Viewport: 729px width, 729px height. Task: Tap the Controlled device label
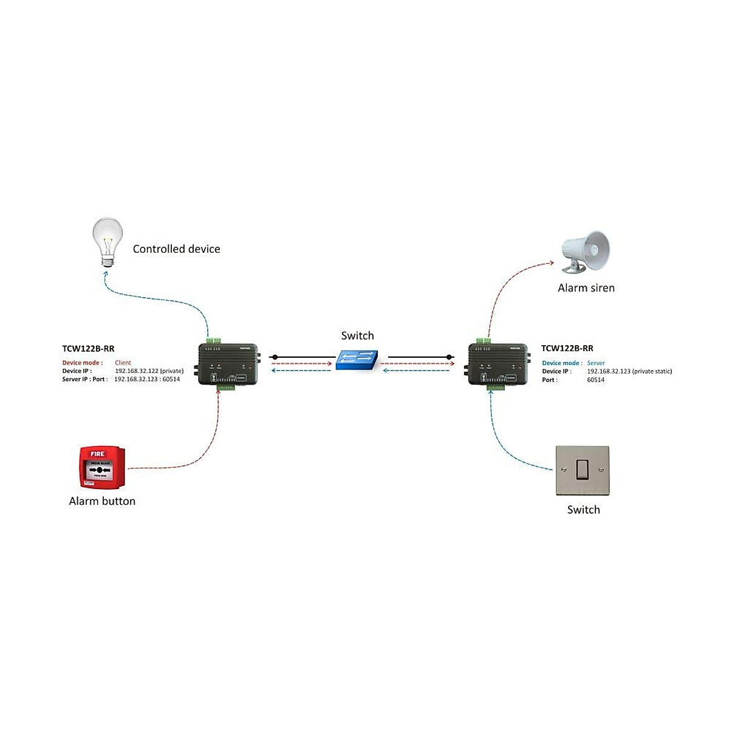176,249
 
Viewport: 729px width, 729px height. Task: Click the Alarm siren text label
586,288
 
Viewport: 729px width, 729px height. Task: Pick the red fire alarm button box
103,467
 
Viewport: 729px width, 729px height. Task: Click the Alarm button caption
102,501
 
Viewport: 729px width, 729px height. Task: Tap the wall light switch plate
582,470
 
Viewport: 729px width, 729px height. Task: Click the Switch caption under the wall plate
583,510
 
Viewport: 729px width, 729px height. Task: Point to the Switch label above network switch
357,336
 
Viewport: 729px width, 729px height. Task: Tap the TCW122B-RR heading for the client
88,349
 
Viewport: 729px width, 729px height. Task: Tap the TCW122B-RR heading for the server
567,349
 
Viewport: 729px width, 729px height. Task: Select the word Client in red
123,363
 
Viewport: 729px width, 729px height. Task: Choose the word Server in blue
595,363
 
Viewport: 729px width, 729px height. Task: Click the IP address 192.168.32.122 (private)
149,371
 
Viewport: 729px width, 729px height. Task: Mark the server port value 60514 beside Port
595,380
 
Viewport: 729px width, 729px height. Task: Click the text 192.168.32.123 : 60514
147,379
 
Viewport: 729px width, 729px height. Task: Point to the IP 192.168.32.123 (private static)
629,371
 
